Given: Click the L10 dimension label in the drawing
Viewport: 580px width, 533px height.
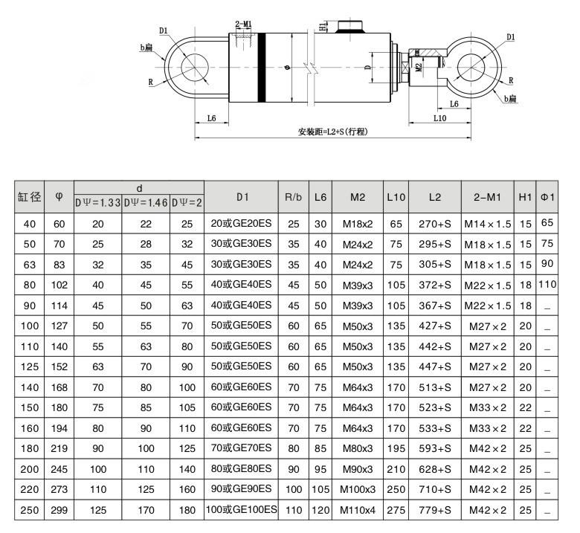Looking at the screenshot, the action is coord(439,118).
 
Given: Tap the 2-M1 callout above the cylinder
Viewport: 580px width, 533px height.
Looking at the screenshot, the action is coord(243,24).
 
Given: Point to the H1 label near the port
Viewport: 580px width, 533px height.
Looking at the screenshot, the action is coord(323,26).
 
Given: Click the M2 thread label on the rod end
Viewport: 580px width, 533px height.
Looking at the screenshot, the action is coord(419,67).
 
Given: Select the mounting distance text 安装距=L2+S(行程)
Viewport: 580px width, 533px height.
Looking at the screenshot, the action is coord(333,132).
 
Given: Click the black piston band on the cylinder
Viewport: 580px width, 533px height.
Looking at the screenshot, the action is coord(262,68).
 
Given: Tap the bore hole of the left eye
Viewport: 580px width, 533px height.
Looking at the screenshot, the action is coord(195,68).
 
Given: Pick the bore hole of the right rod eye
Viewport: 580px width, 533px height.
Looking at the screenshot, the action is coord(471,68).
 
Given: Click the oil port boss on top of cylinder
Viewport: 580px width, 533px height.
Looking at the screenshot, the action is coord(349,27).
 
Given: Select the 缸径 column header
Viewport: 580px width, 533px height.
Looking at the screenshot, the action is coord(29,197).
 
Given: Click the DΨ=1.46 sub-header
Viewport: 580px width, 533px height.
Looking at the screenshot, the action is coord(146,203).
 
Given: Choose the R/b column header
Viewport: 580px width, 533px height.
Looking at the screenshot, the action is coord(293,197).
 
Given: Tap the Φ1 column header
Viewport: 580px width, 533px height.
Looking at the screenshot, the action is coord(547,197).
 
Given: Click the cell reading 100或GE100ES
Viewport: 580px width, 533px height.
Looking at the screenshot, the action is coord(241,509).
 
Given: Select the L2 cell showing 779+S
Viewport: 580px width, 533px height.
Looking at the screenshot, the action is coord(435,510).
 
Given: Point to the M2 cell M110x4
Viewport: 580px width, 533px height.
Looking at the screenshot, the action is coord(358,510).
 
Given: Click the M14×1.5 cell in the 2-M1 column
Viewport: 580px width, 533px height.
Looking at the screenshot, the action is coord(488,224).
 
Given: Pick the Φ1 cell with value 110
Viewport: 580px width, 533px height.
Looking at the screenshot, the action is coord(547,284).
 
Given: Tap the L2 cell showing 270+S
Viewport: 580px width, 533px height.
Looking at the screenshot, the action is coord(435,224).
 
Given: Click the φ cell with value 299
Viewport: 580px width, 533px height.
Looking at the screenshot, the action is coord(59,510).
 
